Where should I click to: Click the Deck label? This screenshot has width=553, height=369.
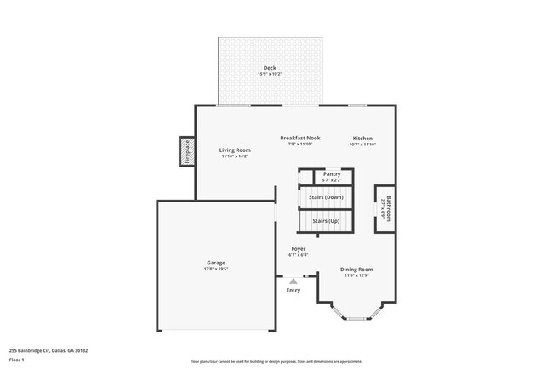[270, 68]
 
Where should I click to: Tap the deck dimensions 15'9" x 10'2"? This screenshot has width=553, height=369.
[270, 75]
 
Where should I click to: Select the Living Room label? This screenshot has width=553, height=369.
[236, 150]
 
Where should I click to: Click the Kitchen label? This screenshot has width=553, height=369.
[362, 138]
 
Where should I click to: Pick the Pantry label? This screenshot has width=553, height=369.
[332, 173]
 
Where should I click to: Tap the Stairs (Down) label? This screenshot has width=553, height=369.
[327, 197]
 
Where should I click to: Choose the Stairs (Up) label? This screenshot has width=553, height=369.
[327, 221]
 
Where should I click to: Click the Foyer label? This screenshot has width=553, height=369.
[298, 248]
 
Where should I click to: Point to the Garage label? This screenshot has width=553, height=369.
[216, 263]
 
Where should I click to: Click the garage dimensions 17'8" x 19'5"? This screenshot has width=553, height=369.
[216, 270]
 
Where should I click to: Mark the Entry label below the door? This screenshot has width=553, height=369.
[294, 290]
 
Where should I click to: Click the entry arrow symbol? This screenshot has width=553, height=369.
[294, 279]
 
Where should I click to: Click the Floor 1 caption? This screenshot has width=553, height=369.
[17, 360]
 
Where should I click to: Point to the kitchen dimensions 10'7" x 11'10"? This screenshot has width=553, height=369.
[362, 145]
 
